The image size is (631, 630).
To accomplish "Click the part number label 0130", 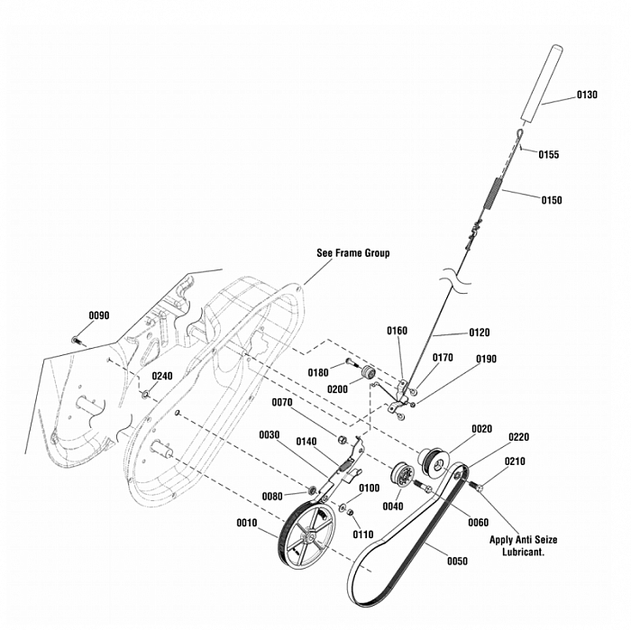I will point(586,96).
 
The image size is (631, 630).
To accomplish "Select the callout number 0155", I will point(549,154).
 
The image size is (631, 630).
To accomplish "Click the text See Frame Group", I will point(353,253).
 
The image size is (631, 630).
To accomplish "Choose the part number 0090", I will point(98,315).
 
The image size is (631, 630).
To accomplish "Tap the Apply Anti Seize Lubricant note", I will point(523,545).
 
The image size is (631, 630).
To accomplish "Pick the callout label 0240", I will point(162,376).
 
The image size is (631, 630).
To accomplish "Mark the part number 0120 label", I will point(480,333).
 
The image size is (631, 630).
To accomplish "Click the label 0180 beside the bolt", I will point(318,372).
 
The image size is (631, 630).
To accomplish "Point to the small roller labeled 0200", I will point(367,374).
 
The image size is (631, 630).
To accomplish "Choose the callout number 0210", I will point(515,461).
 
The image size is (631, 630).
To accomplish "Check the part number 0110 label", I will point(363,535).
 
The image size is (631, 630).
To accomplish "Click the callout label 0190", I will point(486,359).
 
